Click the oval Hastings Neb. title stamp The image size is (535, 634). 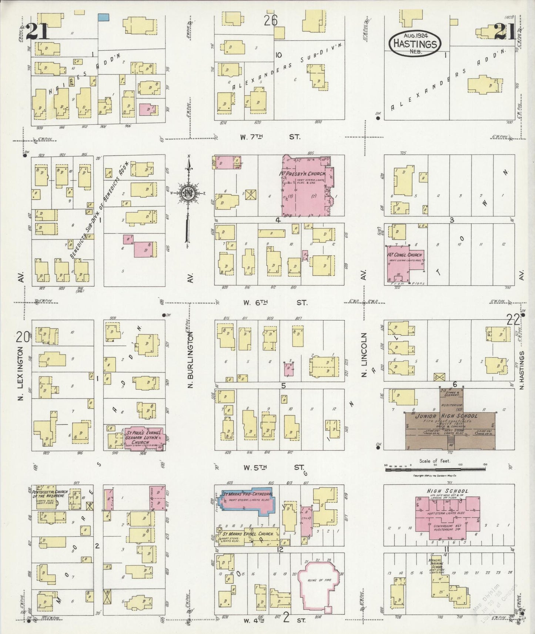pos(415,44)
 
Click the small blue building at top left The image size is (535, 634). pos(104,17)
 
